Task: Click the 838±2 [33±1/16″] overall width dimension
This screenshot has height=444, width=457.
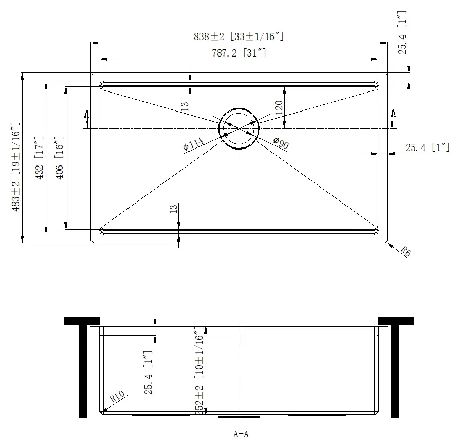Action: click(x=239, y=36)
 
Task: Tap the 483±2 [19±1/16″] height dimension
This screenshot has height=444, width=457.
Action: click(x=16, y=168)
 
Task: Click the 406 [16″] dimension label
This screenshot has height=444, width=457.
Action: click(x=59, y=158)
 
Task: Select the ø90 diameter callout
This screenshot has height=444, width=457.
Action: click(x=281, y=143)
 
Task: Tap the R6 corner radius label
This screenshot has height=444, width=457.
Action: click(x=406, y=252)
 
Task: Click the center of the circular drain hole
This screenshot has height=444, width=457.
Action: click(x=238, y=128)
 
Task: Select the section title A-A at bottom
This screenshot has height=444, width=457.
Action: click(x=241, y=434)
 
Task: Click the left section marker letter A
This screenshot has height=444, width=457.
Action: click(x=86, y=114)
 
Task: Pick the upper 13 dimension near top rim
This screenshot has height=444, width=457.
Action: click(x=185, y=106)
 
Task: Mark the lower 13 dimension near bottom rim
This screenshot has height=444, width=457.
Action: click(x=173, y=209)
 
